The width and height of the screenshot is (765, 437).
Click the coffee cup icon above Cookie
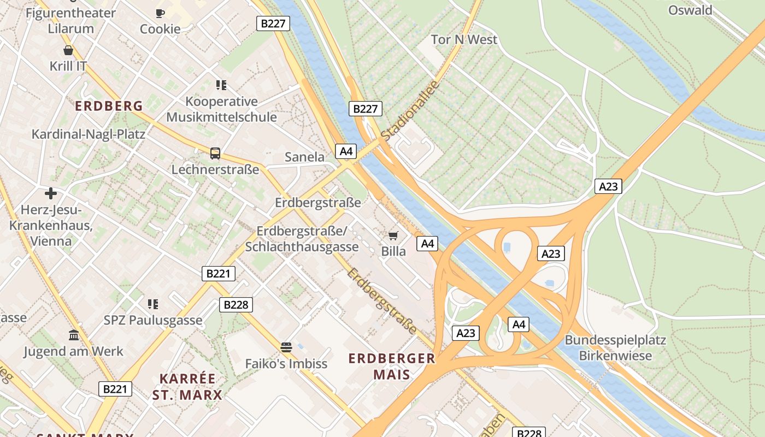[x=160, y=13]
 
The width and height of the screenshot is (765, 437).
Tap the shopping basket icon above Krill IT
[x=68, y=50]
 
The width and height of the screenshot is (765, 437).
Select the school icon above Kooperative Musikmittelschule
[x=221, y=85]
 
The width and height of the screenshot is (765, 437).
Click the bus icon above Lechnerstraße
[x=215, y=153]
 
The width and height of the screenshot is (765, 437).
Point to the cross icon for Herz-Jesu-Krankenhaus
[x=51, y=193]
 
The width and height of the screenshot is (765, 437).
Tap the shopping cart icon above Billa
[x=393, y=235]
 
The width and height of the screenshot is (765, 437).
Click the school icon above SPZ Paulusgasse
[x=153, y=304]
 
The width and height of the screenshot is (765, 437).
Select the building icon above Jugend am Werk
[x=73, y=335]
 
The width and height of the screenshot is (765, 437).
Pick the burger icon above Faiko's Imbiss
[x=286, y=347]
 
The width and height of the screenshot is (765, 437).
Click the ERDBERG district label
[x=109, y=106]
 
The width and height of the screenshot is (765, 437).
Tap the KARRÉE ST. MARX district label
[x=187, y=387]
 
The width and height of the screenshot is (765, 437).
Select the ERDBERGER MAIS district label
[x=392, y=367]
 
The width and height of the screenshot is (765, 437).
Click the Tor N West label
[x=464, y=39]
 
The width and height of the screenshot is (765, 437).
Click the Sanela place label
[x=304, y=157]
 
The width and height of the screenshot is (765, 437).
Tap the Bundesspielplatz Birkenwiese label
[x=615, y=348]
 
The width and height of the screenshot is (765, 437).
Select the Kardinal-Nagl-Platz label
[x=89, y=134]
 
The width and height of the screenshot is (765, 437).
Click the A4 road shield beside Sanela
[x=346, y=151]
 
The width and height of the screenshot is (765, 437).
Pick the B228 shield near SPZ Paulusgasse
[x=236, y=305]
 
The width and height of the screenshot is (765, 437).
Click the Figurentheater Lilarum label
[x=71, y=21]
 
